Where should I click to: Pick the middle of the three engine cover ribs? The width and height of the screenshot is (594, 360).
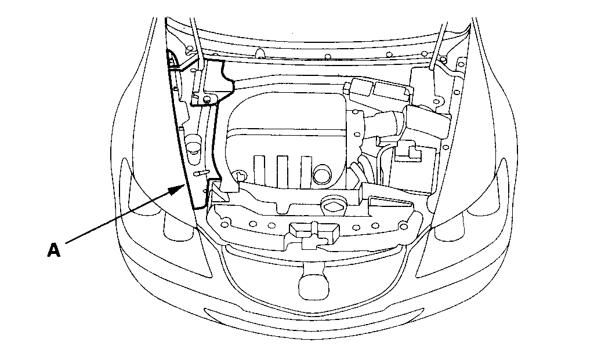[282, 170]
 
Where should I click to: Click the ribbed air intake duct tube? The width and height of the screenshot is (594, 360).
[384, 123]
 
